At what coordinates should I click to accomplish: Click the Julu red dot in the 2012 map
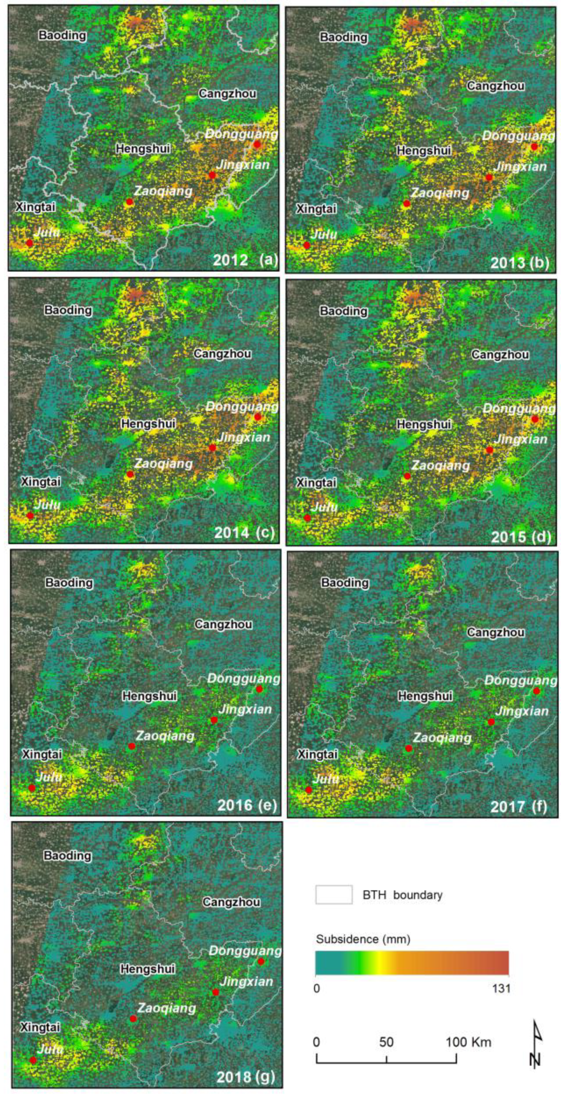pyautogui.click(x=29, y=243)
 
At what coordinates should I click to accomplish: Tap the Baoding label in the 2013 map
pyautogui.click(x=343, y=38)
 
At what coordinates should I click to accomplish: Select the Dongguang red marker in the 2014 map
pyautogui.click(x=257, y=417)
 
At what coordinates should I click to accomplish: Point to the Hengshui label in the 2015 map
pyautogui.click(x=424, y=424)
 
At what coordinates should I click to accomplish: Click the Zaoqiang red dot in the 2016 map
pyautogui.click(x=132, y=746)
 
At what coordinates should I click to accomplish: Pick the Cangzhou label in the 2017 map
pyautogui.click(x=495, y=632)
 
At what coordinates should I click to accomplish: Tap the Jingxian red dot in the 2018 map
pyautogui.click(x=216, y=992)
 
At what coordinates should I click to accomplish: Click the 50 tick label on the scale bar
pyautogui.click(x=386, y=1042)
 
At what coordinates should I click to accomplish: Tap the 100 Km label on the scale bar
pyautogui.click(x=468, y=1042)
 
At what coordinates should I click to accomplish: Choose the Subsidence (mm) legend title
pyautogui.click(x=363, y=939)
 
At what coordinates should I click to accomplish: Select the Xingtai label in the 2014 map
pyautogui.click(x=41, y=482)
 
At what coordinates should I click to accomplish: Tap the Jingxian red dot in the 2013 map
pyautogui.click(x=489, y=177)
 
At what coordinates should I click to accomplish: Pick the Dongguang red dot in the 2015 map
pyautogui.click(x=535, y=419)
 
